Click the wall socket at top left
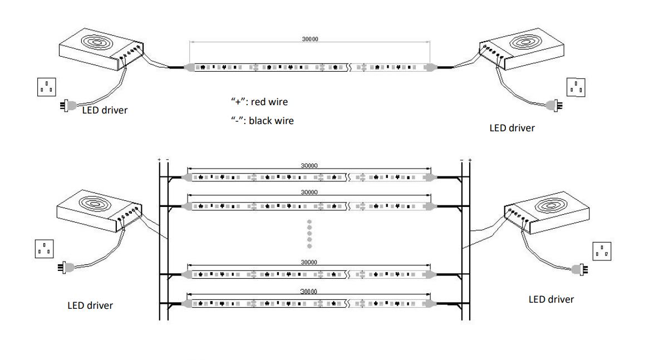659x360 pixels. click(x=47, y=87)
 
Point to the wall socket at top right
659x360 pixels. click(x=576, y=87)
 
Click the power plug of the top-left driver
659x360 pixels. click(x=68, y=105)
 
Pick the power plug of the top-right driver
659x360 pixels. click(x=555, y=104)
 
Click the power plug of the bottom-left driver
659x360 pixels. click(x=66, y=268)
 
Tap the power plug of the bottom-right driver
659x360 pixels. click(x=581, y=269)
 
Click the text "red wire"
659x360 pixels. click(x=269, y=102)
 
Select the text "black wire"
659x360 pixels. click(x=271, y=120)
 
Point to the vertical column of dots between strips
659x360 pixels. click(x=309, y=234)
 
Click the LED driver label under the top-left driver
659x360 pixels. click(x=105, y=110)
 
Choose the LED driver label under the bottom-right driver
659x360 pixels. click(x=551, y=299)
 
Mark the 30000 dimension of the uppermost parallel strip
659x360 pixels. click(x=309, y=165)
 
